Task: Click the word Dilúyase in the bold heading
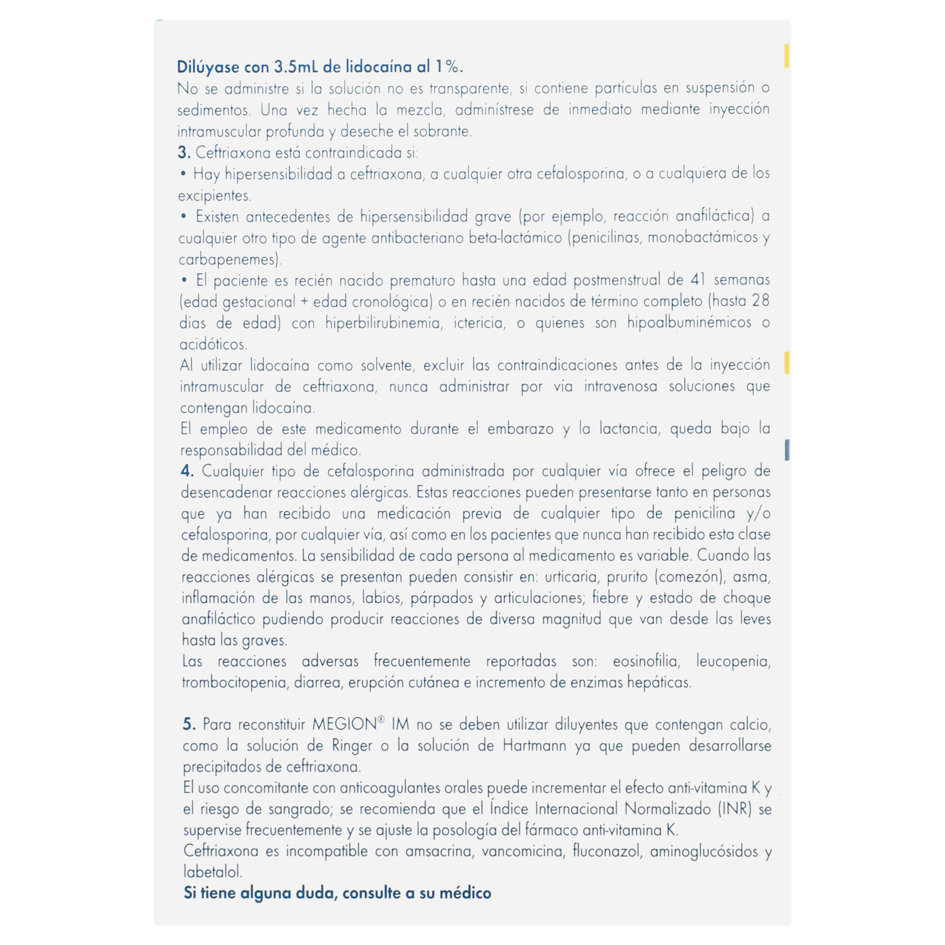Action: point(208,67)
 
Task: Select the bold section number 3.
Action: point(183,153)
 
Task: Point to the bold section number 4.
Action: point(187,471)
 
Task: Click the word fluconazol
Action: point(607,852)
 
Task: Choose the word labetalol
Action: point(213,872)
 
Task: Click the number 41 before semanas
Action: point(699,280)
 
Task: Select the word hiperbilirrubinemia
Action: point(383,323)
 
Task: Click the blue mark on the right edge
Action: point(787,449)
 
